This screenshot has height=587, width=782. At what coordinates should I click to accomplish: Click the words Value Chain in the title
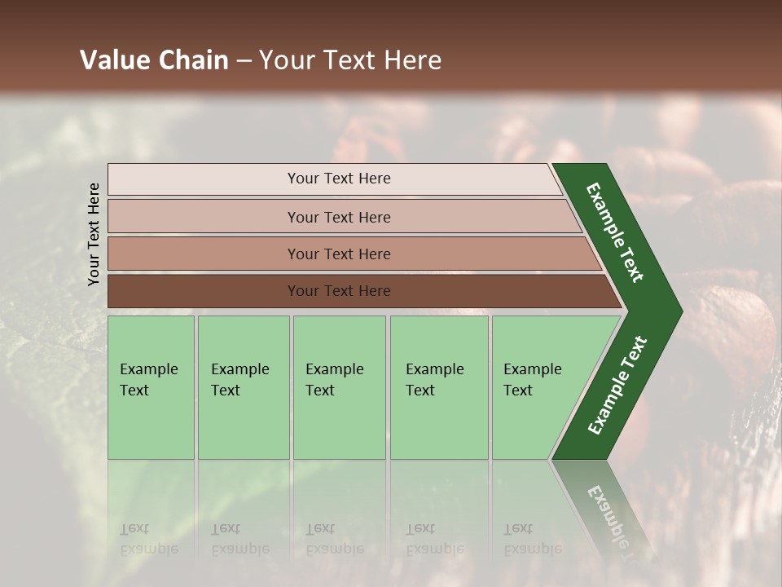pos(154,60)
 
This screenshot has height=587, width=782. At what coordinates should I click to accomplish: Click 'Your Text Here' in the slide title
pos(350,60)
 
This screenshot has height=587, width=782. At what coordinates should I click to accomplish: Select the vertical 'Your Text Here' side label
pos(94,234)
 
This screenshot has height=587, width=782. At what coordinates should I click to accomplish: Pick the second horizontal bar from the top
pos(338,217)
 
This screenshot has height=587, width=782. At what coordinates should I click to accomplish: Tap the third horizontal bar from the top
pos(338,254)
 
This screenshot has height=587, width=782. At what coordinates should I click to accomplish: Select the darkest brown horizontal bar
pos(338,291)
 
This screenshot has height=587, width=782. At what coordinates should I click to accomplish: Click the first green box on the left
pos(151,387)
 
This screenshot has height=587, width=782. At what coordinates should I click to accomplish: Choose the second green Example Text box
pos(244,387)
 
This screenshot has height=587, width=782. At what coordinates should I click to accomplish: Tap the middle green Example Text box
pos(339,387)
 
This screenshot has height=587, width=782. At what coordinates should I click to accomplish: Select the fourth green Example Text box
pos(439,387)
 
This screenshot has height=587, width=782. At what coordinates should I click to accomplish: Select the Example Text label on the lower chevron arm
pos(617,386)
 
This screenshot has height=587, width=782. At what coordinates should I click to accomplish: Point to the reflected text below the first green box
pos(148,538)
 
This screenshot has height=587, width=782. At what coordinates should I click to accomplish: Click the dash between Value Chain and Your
pos(244,60)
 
